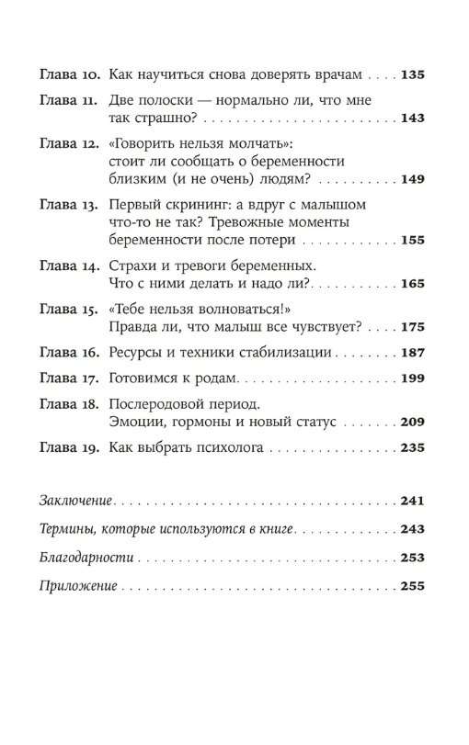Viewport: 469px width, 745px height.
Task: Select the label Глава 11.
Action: [x=69, y=100]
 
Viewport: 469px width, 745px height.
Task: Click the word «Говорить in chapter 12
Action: [x=143, y=144]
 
